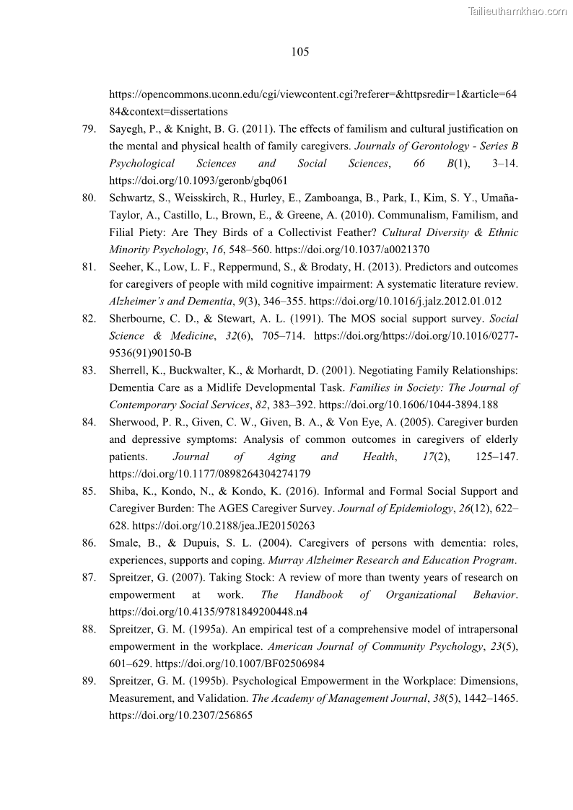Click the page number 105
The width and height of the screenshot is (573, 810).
click(300, 52)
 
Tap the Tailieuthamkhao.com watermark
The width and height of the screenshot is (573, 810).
click(517, 11)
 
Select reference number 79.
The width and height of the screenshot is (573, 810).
click(89, 129)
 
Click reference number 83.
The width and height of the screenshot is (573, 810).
click(89, 370)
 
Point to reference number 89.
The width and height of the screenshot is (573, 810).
click(89, 681)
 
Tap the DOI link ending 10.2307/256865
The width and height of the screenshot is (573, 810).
click(180, 716)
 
